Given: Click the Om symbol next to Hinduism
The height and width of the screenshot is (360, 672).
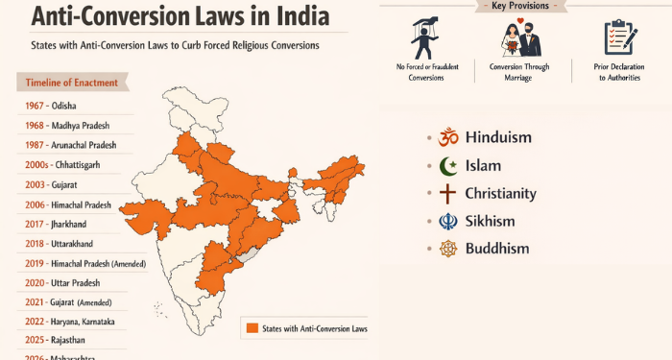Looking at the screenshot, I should tap(448, 137).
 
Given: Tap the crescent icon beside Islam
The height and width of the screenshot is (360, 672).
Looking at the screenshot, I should tap(448, 165).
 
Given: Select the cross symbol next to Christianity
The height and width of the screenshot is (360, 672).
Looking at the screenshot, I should tap(448, 193).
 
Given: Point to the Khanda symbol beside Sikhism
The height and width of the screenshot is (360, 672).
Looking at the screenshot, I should tap(448, 221).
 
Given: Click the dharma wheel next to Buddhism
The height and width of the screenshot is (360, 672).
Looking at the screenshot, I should tap(448, 249).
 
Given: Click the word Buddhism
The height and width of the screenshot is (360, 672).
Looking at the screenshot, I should tap(497, 249).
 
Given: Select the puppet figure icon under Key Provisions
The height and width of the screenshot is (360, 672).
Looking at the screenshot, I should tap(419, 36).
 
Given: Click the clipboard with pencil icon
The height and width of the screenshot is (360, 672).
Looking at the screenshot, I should tap(621, 36).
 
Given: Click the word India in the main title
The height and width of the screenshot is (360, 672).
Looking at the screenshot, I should tap(302, 17).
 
